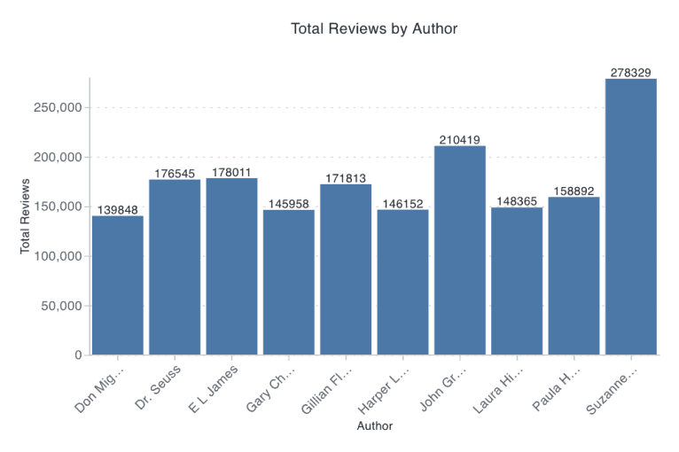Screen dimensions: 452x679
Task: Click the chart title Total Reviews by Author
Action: (x=374, y=28)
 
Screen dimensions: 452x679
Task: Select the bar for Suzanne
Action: (x=630, y=217)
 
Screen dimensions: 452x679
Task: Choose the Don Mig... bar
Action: (x=118, y=284)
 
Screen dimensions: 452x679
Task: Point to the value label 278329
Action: (x=630, y=72)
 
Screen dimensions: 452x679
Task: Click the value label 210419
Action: (x=459, y=139)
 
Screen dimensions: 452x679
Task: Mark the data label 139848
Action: (x=118, y=209)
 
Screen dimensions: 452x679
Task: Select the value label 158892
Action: (x=574, y=190)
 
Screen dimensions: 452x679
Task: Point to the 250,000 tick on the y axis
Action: (x=56, y=107)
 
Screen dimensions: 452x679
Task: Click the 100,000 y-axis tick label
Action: (x=56, y=256)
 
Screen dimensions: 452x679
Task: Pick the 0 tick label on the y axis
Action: (x=78, y=355)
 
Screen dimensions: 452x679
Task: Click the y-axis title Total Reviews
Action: (x=26, y=217)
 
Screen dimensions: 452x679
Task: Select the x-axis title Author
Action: (x=374, y=426)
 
